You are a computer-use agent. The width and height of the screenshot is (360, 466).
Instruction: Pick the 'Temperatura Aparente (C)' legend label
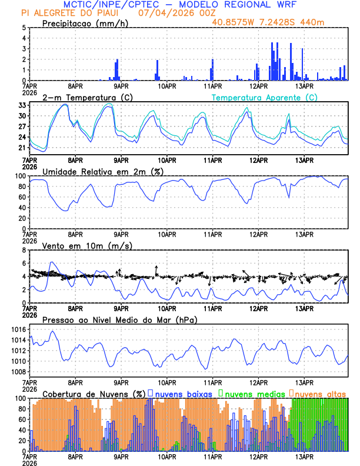(265, 97)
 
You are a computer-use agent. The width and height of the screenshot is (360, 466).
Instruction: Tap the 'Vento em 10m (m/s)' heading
(86, 245)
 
